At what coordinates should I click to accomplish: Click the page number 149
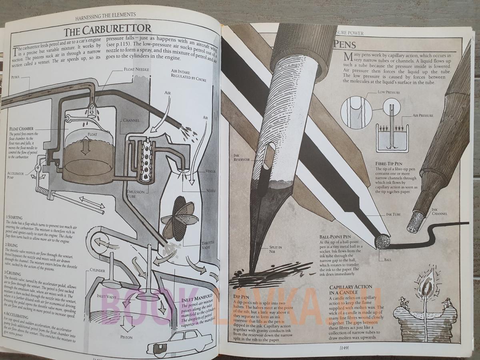pos(344,347)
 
